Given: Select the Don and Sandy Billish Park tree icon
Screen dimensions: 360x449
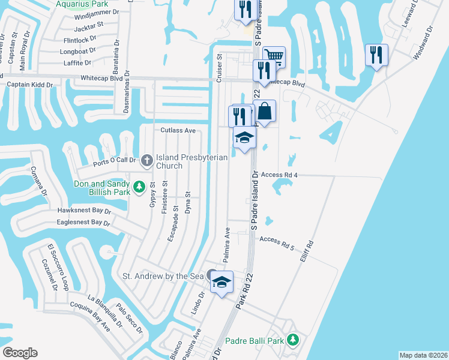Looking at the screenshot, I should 139,187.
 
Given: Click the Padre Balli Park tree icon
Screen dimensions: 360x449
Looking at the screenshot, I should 292,340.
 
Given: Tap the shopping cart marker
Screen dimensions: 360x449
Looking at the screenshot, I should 273,57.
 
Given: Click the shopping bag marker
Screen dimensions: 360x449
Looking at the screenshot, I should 265,112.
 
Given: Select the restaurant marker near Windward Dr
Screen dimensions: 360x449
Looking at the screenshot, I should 376,56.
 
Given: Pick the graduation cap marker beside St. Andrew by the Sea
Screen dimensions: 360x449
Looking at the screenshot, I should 221,281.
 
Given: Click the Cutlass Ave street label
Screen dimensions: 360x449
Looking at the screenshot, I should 178,130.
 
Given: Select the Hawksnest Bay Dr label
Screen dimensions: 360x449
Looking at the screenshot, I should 85,211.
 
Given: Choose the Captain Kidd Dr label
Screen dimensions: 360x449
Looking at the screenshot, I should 29,85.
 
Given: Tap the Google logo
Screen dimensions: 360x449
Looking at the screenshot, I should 20,353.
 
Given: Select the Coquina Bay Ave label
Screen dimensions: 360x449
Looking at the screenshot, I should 91,317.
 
